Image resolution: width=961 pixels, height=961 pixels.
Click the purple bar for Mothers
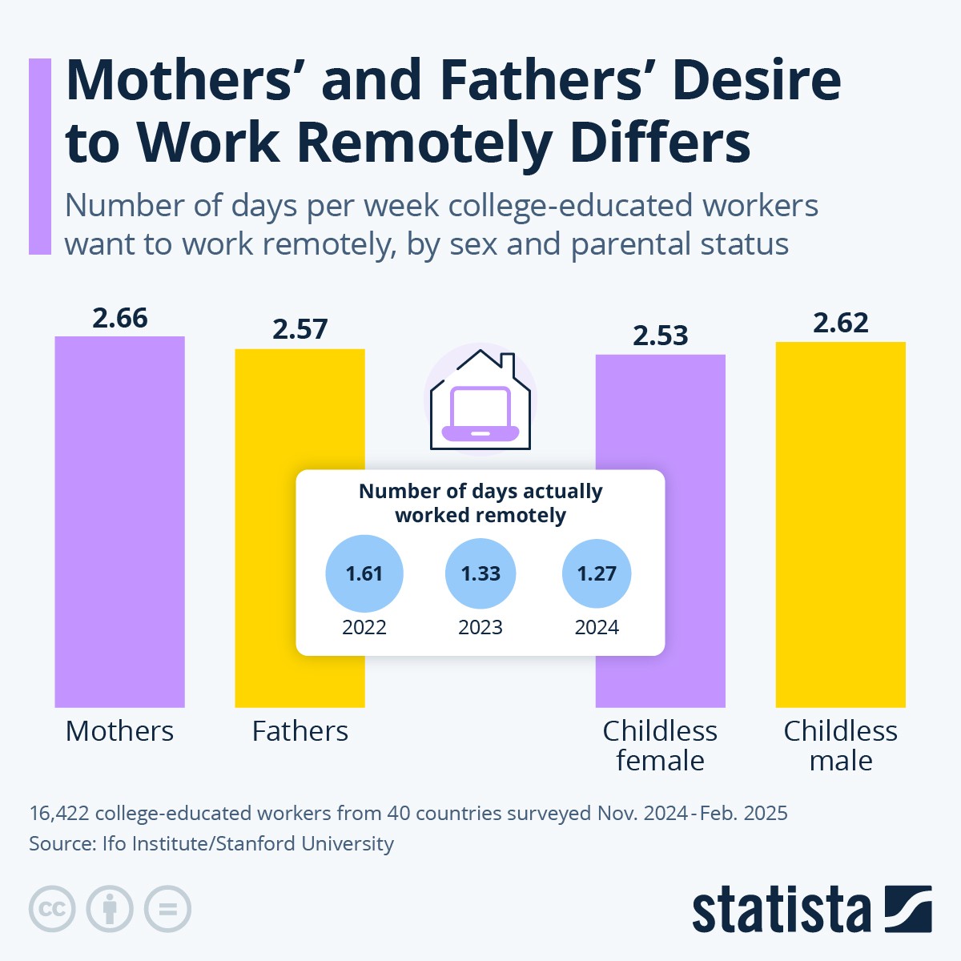point(119,521)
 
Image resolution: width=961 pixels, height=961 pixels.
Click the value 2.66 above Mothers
point(120,318)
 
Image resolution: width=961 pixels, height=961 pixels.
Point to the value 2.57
point(300,329)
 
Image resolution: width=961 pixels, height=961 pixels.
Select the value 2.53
point(661,336)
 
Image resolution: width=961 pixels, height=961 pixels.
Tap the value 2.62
point(841,323)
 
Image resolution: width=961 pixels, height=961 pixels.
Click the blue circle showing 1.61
point(364,574)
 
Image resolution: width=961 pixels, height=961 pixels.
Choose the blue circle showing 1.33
point(480,574)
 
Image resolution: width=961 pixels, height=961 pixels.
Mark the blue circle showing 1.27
point(597,574)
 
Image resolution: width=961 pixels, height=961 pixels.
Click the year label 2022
point(364,627)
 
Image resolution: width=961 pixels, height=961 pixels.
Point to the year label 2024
point(597,627)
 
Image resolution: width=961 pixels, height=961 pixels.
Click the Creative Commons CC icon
point(52,909)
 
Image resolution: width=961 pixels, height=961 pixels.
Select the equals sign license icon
point(168,909)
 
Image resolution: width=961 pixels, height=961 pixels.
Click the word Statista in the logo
point(781,910)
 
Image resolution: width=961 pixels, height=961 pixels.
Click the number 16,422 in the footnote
point(58,814)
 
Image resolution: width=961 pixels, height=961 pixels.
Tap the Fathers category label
point(300,731)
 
